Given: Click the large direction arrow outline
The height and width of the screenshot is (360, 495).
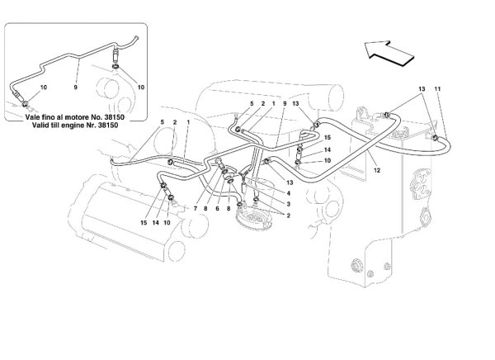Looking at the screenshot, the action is click(389, 53).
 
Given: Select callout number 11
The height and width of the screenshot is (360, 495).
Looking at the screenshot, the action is click(437, 89).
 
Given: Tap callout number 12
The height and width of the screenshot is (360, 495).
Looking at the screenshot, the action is click(377, 170).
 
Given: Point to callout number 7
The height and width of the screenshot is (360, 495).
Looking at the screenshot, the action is click(196, 209).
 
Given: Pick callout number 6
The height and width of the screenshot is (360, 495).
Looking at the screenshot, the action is click(217, 209).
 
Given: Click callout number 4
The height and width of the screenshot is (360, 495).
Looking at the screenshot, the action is click(289, 193).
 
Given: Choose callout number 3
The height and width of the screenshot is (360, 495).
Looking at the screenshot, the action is click(289, 204).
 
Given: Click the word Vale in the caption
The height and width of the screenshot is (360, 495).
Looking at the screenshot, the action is click(32, 117).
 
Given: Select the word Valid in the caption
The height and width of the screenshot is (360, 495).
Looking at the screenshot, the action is click(40, 126).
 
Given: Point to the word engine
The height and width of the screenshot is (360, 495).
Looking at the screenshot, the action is click(77, 126).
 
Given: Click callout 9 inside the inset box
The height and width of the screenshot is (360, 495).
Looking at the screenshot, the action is click(75, 88).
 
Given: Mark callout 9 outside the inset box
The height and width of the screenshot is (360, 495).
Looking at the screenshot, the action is click(285, 103).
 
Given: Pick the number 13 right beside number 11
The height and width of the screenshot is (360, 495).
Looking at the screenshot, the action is click(422, 89).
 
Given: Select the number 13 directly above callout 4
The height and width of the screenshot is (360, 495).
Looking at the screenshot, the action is click(290, 182).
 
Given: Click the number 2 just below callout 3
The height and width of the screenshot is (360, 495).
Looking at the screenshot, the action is click(289, 216).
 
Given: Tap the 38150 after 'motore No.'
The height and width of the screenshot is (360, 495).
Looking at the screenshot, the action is click(115, 117).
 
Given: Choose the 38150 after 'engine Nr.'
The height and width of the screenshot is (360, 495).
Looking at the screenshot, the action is click(108, 126).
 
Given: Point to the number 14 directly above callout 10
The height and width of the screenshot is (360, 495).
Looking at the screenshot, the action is click(327, 149).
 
